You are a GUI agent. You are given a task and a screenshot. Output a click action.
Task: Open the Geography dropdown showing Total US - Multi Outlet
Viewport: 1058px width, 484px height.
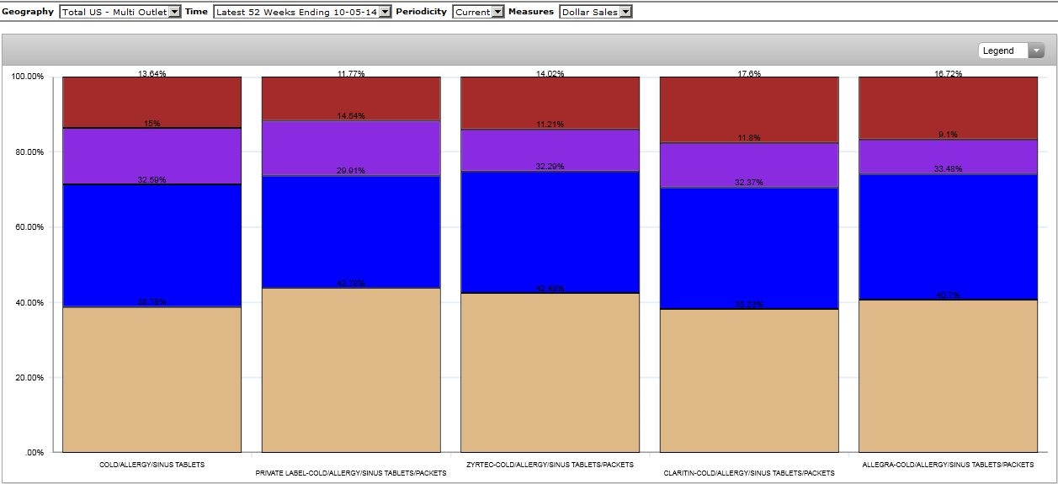[x=120, y=12]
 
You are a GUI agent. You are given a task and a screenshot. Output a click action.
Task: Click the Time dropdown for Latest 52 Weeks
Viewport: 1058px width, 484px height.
[x=302, y=12]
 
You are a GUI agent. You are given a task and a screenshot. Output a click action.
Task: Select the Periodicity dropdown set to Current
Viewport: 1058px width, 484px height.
[x=478, y=12]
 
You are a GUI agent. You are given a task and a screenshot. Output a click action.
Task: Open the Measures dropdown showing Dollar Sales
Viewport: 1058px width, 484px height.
[x=595, y=12]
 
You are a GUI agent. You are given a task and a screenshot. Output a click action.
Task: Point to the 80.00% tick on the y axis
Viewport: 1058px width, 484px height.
[x=29, y=152]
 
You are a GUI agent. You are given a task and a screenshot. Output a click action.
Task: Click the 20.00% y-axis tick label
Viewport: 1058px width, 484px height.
[x=29, y=378]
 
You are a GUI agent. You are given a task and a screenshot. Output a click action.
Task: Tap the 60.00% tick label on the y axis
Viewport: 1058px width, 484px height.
[x=29, y=227]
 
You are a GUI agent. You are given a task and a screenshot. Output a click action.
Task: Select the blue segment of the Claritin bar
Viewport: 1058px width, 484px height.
[x=749, y=248]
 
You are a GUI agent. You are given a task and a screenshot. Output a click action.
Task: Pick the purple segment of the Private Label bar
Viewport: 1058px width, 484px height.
[x=351, y=148]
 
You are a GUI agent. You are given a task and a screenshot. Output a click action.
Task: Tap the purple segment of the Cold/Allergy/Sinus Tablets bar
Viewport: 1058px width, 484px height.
[x=152, y=156]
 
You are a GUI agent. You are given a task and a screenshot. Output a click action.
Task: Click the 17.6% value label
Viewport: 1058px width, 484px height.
[x=749, y=74]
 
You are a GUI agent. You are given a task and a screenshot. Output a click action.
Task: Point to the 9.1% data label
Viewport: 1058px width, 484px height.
[x=948, y=135]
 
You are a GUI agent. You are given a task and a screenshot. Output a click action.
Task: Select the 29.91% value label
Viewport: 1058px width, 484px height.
[x=351, y=171]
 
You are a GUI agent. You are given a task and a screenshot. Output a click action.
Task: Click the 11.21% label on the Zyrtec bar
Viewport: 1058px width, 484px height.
[x=550, y=125]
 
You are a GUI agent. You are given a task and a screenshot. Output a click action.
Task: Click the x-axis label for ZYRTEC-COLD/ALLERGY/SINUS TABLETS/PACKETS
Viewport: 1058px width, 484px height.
[x=550, y=465]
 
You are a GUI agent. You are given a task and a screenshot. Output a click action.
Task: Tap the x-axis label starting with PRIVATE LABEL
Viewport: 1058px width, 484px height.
[x=351, y=473]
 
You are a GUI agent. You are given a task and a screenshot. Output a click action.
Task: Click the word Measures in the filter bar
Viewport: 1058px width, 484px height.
[x=531, y=12]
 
